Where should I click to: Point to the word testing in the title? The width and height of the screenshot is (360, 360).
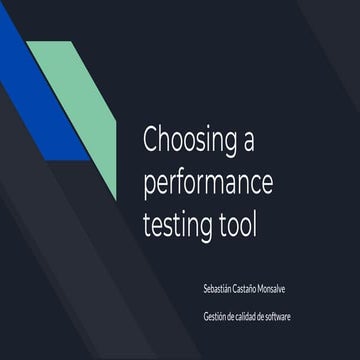178,223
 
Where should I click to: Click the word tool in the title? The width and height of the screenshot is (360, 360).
236,223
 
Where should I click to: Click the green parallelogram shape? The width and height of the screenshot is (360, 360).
79,100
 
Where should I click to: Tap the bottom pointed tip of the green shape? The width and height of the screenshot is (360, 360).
116,196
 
